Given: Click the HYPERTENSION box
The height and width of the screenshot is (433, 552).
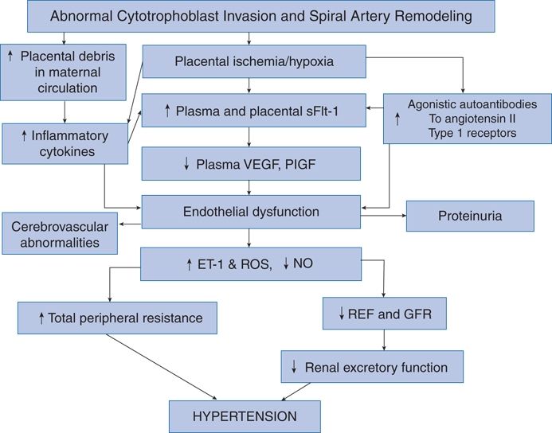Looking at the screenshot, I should [245, 416].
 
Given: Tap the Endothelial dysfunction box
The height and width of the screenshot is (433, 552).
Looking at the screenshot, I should [251, 212].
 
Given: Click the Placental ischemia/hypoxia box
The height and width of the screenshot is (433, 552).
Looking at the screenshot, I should [254, 60].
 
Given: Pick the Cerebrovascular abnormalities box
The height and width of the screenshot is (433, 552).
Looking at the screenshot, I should [60, 233].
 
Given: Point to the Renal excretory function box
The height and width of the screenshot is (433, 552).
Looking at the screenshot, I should [372, 368].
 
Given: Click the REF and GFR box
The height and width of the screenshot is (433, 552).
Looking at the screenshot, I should [385, 314].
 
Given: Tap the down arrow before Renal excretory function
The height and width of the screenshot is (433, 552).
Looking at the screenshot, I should [294, 368].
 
